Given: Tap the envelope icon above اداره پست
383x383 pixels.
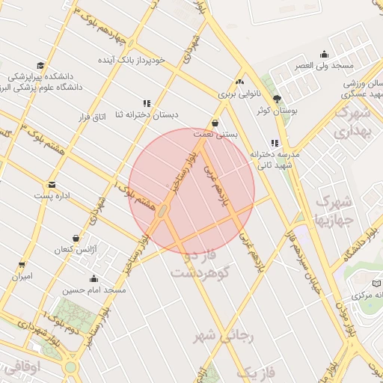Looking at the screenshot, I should (x=52, y=184).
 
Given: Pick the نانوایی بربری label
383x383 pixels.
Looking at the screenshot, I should (x=239, y=95).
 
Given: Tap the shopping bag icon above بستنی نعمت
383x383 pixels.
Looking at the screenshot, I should (x=215, y=123).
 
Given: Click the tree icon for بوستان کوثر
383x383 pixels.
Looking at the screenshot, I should (x=278, y=99).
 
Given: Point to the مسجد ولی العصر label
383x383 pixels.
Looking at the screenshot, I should (x=323, y=66).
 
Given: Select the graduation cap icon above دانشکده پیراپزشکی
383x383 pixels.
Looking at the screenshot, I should (x=40, y=65).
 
